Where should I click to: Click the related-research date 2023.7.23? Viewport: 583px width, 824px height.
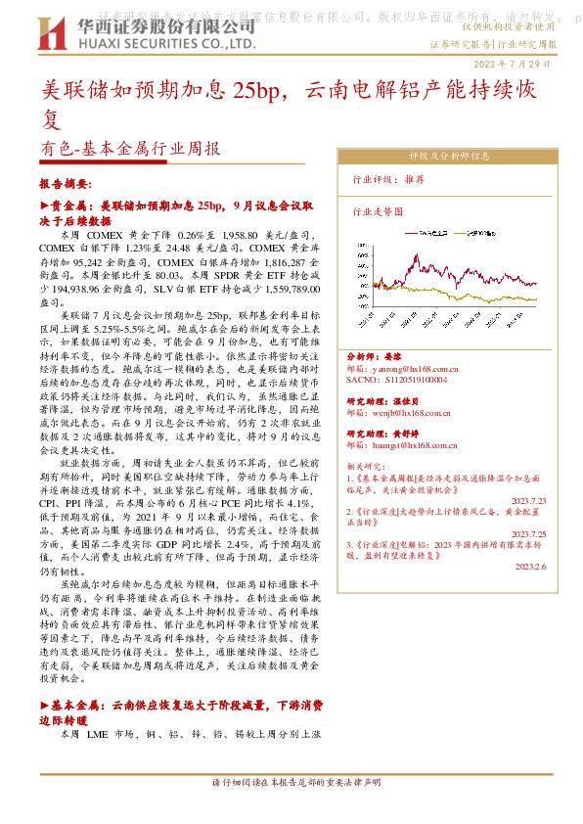528,499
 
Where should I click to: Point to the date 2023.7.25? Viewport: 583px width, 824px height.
528,534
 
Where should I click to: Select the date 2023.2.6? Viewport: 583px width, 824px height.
531,565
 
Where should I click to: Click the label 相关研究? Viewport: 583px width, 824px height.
367,468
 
